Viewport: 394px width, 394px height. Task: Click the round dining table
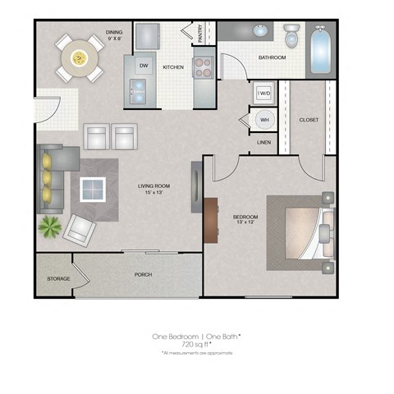point(80,58)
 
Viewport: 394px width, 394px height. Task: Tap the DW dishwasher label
point(143,65)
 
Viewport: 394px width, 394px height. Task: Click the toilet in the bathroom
point(291,36)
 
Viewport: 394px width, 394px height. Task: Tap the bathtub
point(320,49)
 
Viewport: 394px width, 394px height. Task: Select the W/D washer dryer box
point(263,94)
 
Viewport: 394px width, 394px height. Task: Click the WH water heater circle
point(263,120)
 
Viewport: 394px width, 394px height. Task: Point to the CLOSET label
point(309,120)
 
